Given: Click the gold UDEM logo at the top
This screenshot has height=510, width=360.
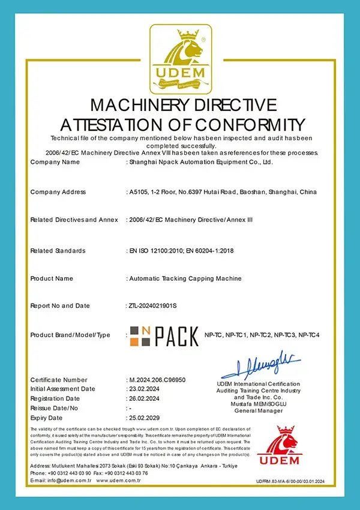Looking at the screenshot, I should click(x=181, y=57).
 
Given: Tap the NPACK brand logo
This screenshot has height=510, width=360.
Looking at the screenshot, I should click(x=164, y=334).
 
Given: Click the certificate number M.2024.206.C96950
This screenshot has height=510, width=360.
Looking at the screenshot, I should click(x=157, y=380).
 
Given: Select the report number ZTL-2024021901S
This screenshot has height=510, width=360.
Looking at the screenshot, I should click(x=153, y=305).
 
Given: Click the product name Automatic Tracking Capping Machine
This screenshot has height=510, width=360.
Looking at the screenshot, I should click(x=185, y=278).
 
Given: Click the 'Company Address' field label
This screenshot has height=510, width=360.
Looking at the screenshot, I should click(x=58, y=192).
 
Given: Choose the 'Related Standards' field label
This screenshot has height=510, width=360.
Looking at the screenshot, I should click(x=58, y=250).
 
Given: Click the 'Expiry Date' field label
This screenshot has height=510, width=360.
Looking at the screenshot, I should click(x=46, y=418).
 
